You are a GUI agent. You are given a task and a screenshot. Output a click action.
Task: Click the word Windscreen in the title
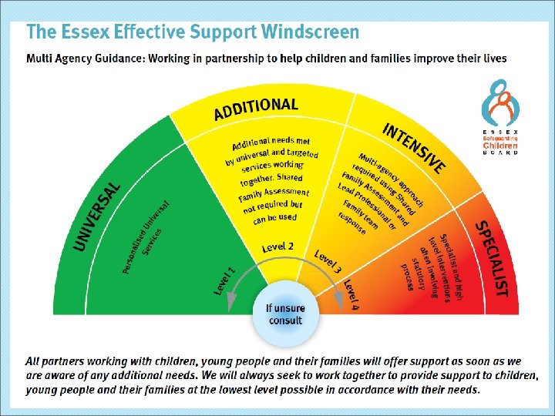click(x=310, y=32)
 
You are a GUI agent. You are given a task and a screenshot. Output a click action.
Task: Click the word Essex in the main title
click(x=82, y=32)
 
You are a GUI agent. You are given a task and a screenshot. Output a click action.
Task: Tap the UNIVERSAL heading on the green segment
click(x=96, y=216)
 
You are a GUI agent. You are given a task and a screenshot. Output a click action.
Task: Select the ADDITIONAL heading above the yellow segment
click(x=255, y=109)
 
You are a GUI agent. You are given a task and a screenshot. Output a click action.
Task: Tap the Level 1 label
click(x=224, y=280)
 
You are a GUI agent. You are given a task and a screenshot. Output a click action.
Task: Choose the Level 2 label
click(x=277, y=247)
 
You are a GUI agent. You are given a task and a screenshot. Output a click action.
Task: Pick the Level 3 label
click(x=328, y=262)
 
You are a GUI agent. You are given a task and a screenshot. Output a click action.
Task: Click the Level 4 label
click(x=351, y=294)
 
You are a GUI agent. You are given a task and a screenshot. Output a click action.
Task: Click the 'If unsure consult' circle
click(x=285, y=314)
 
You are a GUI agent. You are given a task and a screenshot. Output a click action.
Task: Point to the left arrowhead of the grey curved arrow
click(x=230, y=307)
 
